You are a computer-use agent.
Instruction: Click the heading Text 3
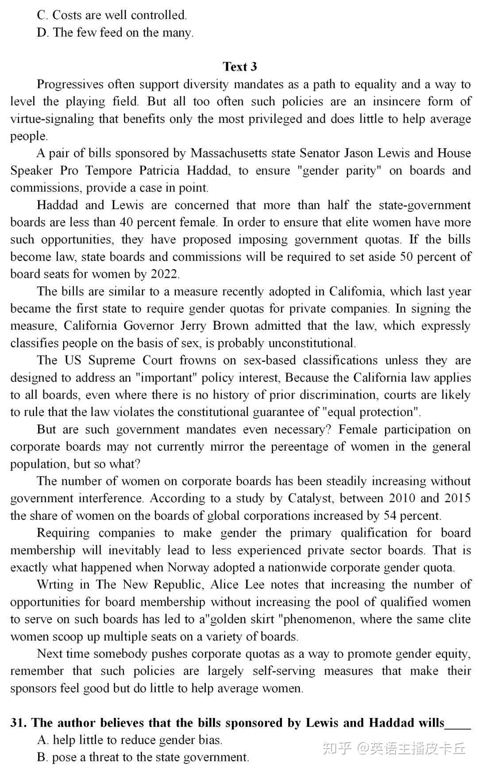click(x=239, y=67)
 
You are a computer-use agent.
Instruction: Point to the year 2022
click(x=164, y=274)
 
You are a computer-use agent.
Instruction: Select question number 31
click(x=18, y=722)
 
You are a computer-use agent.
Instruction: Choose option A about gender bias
click(x=130, y=740)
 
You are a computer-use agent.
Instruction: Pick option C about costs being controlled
click(x=112, y=15)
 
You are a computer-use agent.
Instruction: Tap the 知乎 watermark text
click(x=337, y=749)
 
